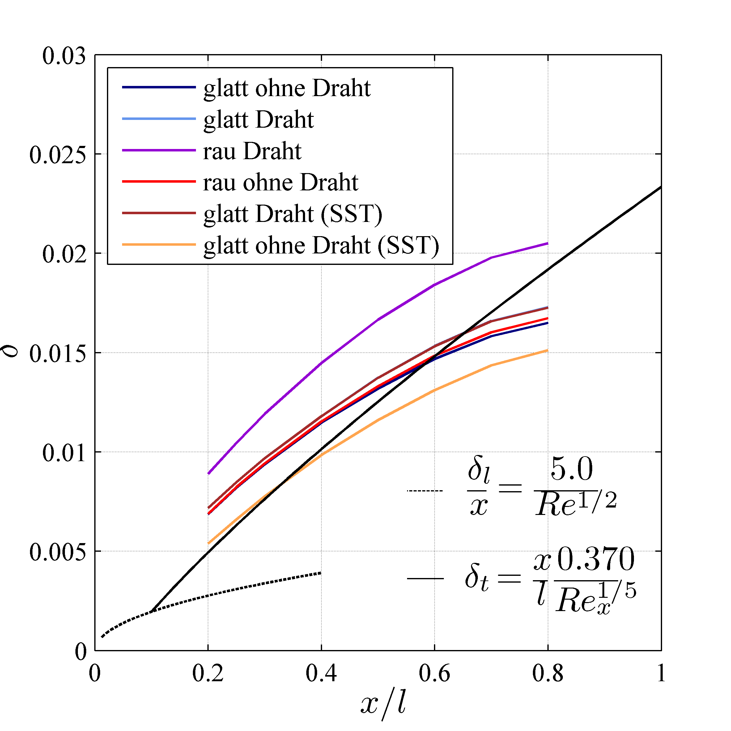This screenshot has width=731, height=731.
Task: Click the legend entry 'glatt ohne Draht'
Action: pyautogui.click(x=287, y=88)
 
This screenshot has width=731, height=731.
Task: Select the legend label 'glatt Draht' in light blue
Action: pyautogui.click(x=258, y=120)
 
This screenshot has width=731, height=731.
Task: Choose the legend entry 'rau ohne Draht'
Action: pyautogui.click(x=280, y=182)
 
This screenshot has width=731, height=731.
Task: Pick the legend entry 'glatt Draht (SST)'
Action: pyautogui.click(x=292, y=214)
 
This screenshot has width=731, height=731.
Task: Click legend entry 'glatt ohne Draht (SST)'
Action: pyautogui.click(x=321, y=245)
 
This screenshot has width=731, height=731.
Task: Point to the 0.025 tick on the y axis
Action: pyautogui.click(x=57, y=155)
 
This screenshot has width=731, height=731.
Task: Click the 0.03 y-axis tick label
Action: pyautogui.click(x=64, y=56)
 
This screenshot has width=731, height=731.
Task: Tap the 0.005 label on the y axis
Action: pyautogui.click(x=57, y=552)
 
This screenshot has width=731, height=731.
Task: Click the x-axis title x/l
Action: pyautogui.click(x=383, y=704)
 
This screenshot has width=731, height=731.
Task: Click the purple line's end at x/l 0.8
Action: pyautogui.click(x=547, y=243)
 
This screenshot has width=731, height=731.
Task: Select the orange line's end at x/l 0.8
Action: pyautogui.click(x=547, y=351)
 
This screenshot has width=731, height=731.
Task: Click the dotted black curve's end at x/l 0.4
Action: pyautogui.click(x=320, y=573)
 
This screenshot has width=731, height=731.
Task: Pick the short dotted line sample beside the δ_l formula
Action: pyautogui.click(x=424, y=491)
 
